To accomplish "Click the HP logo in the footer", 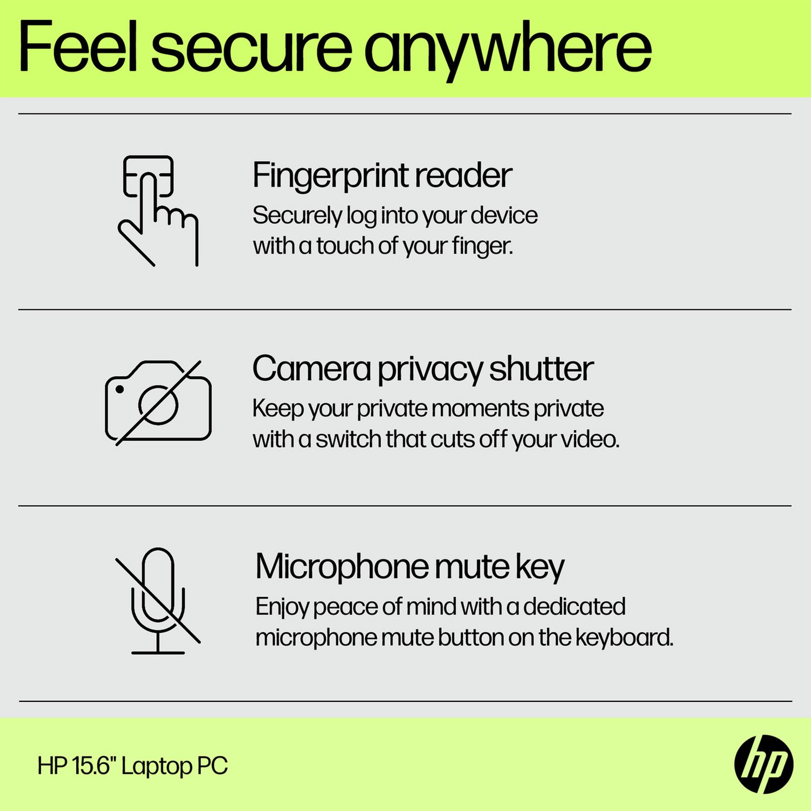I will pos(763,765).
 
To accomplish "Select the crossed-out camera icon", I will pos(158,403).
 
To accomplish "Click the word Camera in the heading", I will pos(311,369).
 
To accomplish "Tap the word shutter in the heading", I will pos(541,369).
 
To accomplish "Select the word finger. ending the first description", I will pos(482,247).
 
